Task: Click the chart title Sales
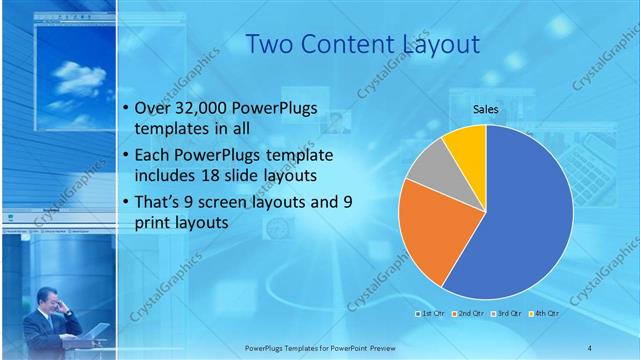[486, 110]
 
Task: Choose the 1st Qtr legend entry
[430, 313]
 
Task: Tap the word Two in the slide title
[269, 45]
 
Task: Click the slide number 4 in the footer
[589, 347]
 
